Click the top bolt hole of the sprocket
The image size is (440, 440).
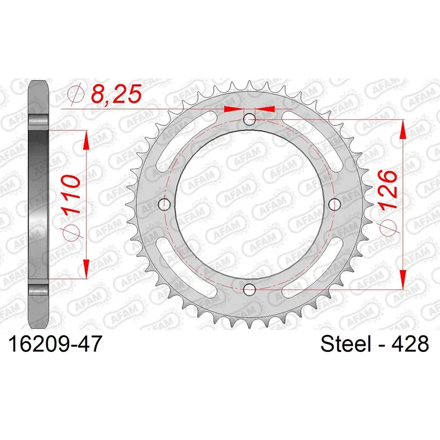[x=249, y=120]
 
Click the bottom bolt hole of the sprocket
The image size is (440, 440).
[x=249, y=289]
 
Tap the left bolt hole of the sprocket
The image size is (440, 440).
[x=164, y=204]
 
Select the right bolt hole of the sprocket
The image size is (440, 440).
[x=334, y=204]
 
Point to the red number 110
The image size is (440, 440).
[x=70, y=195]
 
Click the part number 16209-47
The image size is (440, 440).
[x=54, y=344]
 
